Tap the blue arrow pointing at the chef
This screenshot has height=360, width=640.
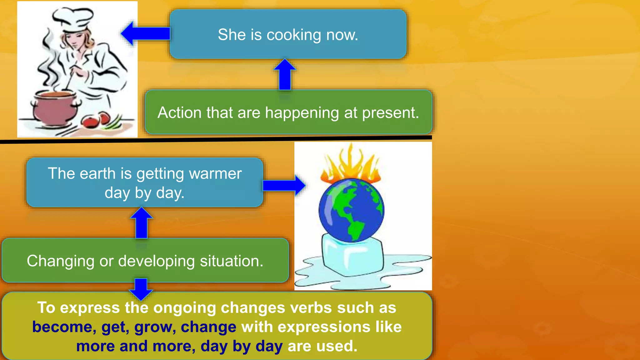(x=145, y=33)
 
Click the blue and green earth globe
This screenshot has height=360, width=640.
(x=351, y=210)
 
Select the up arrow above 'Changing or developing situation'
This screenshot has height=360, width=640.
(x=142, y=223)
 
